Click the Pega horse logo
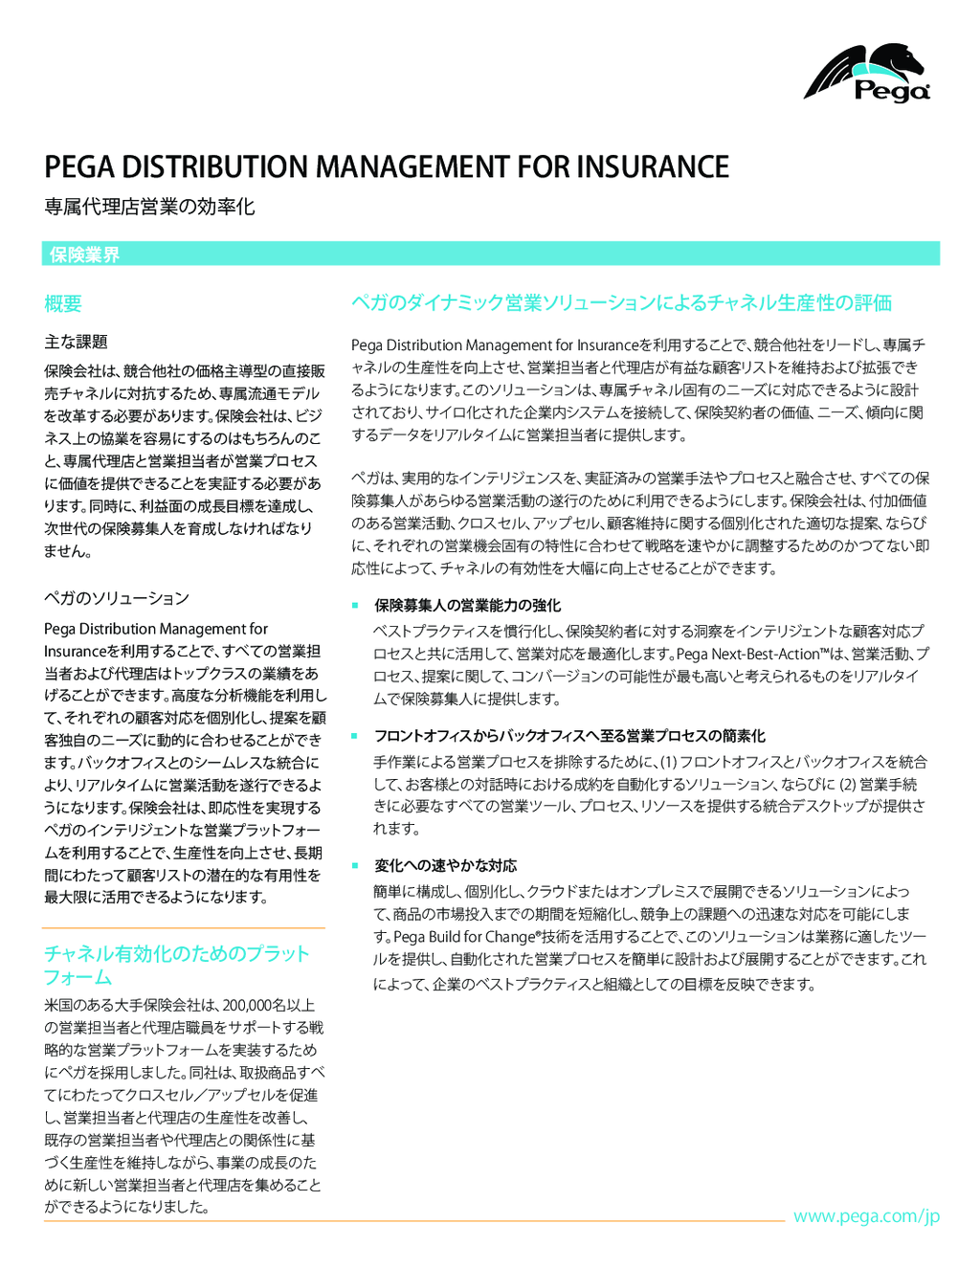tap(867, 73)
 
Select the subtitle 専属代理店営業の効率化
tap(149, 207)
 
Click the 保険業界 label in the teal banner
tap(84, 255)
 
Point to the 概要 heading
tap(63, 304)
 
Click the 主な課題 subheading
tap(76, 342)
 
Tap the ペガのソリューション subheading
tap(117, 598)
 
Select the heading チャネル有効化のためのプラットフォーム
tap(176, 965)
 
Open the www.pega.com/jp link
tap(866, 1216)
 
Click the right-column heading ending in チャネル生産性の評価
tap(621, 303)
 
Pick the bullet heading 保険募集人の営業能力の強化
tap(467, 606)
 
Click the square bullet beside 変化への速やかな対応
tap(354, 865)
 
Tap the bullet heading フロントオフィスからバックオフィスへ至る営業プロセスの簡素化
tap(569, 736)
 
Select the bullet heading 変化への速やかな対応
tap(445, 866)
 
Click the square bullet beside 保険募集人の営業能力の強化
tap(354, 605)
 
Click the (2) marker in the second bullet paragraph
tap(848, 785)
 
